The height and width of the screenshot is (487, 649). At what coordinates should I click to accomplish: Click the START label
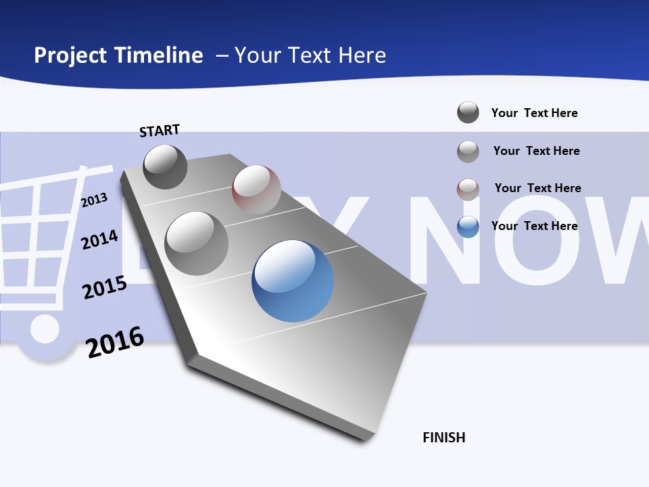[160, 130]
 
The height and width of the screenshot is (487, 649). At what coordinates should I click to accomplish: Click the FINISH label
[443, 438]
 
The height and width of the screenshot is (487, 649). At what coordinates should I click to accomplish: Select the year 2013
[94, 200]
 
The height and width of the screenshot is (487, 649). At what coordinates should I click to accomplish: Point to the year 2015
[105, 287]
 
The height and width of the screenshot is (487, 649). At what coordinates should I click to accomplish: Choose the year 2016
[115, 342]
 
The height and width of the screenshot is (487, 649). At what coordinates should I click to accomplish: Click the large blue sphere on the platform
[293, 281]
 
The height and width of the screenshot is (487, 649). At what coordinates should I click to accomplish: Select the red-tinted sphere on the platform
[256, 189]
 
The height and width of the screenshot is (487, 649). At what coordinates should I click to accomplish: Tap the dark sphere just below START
[165, 166]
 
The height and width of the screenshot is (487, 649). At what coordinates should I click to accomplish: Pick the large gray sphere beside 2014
[197, 243]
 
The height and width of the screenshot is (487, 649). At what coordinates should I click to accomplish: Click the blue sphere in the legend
[468, 227]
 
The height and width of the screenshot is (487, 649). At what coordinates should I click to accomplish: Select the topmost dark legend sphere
[468, 112]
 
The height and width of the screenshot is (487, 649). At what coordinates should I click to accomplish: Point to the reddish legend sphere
[468, 189]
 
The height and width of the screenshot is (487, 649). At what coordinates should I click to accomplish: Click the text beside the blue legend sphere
[534, 226]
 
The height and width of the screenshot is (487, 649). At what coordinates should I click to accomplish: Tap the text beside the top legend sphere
[534, 113]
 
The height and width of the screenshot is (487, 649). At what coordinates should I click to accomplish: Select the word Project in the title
[70, 55]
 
